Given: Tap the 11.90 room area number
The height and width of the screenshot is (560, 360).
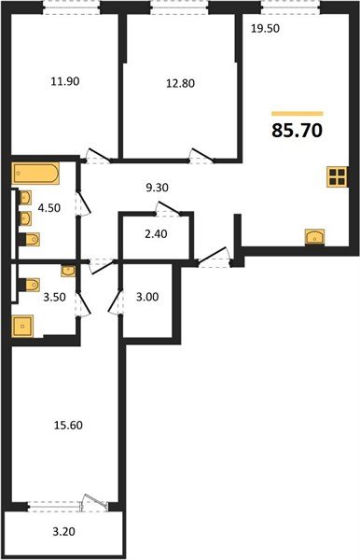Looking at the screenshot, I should (64, 81).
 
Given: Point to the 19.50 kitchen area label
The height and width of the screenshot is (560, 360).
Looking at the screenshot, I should (266, 29).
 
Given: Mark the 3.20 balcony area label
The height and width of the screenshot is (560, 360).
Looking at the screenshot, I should (62, 536).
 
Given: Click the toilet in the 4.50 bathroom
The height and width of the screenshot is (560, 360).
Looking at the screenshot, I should (29, 240).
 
